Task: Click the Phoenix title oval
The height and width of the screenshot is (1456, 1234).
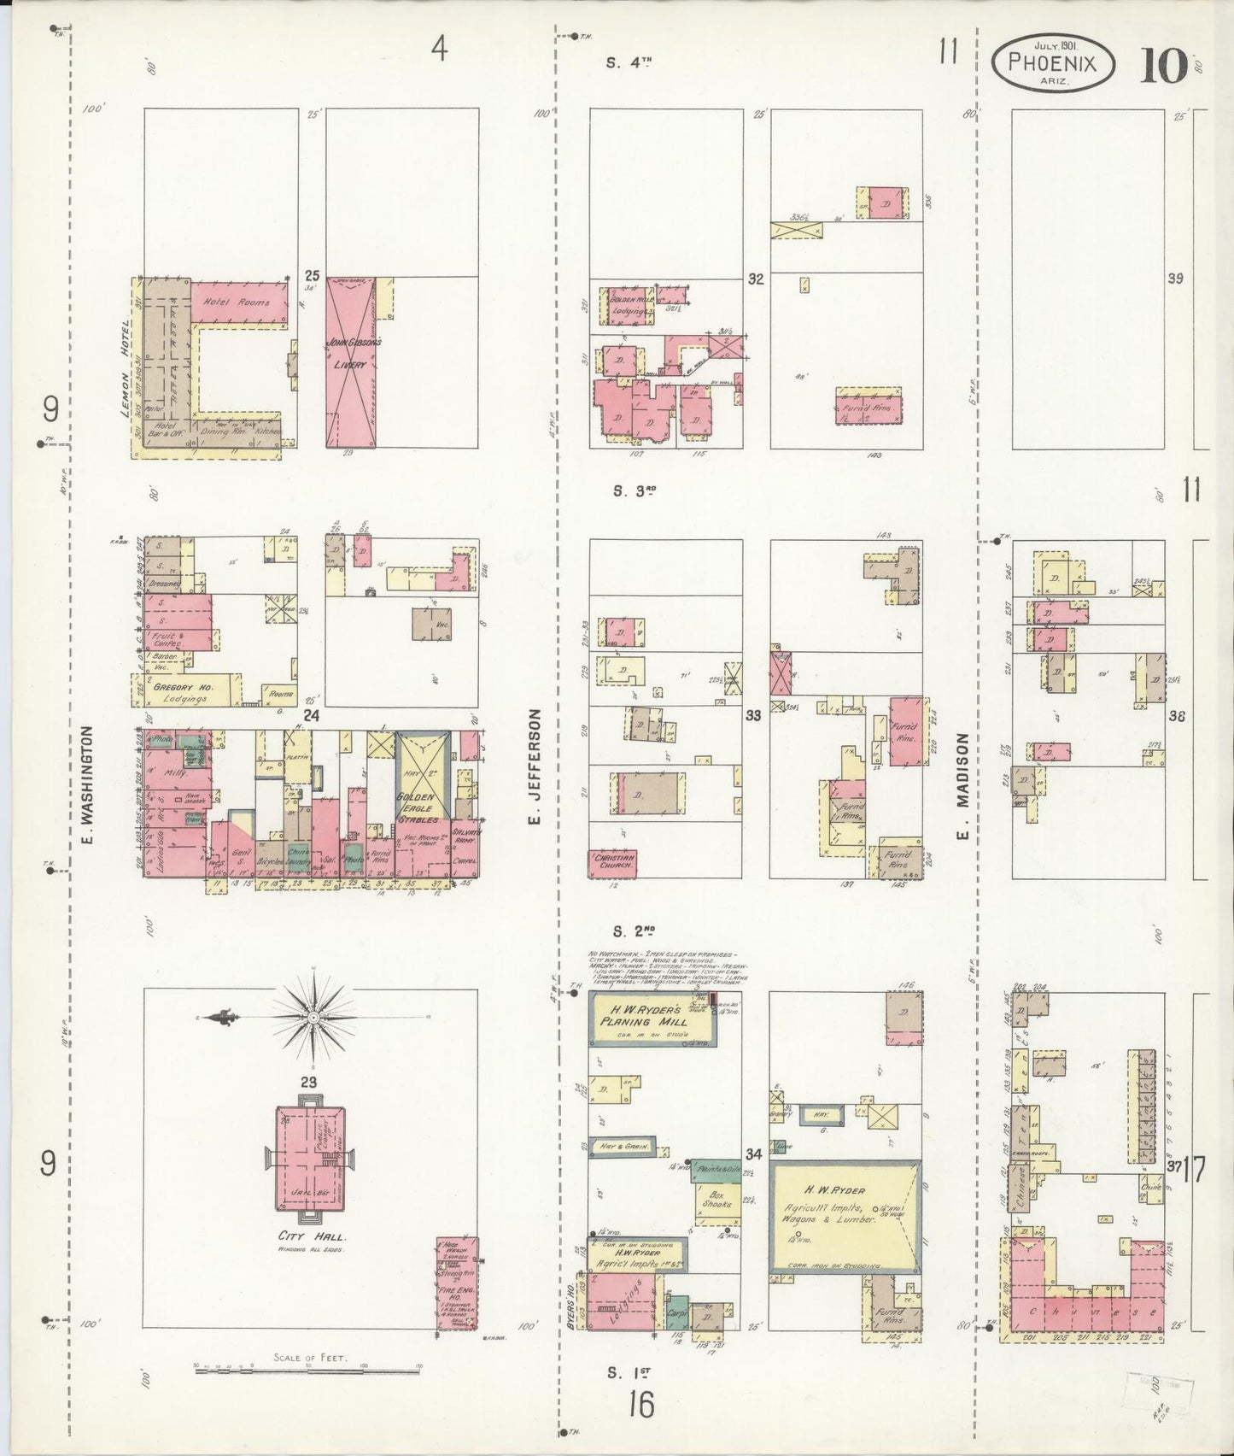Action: coord(1053,62)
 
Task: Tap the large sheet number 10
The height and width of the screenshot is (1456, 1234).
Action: coord(1162,65)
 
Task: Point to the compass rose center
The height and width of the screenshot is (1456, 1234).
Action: coord(313,1017)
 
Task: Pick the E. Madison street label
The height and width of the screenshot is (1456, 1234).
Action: coord(962,786)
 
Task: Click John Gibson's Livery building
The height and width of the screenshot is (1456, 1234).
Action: coord(351,363)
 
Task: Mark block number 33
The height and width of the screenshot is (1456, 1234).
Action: coord(752,716)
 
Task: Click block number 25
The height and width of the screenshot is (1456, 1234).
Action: coord(312,276)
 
